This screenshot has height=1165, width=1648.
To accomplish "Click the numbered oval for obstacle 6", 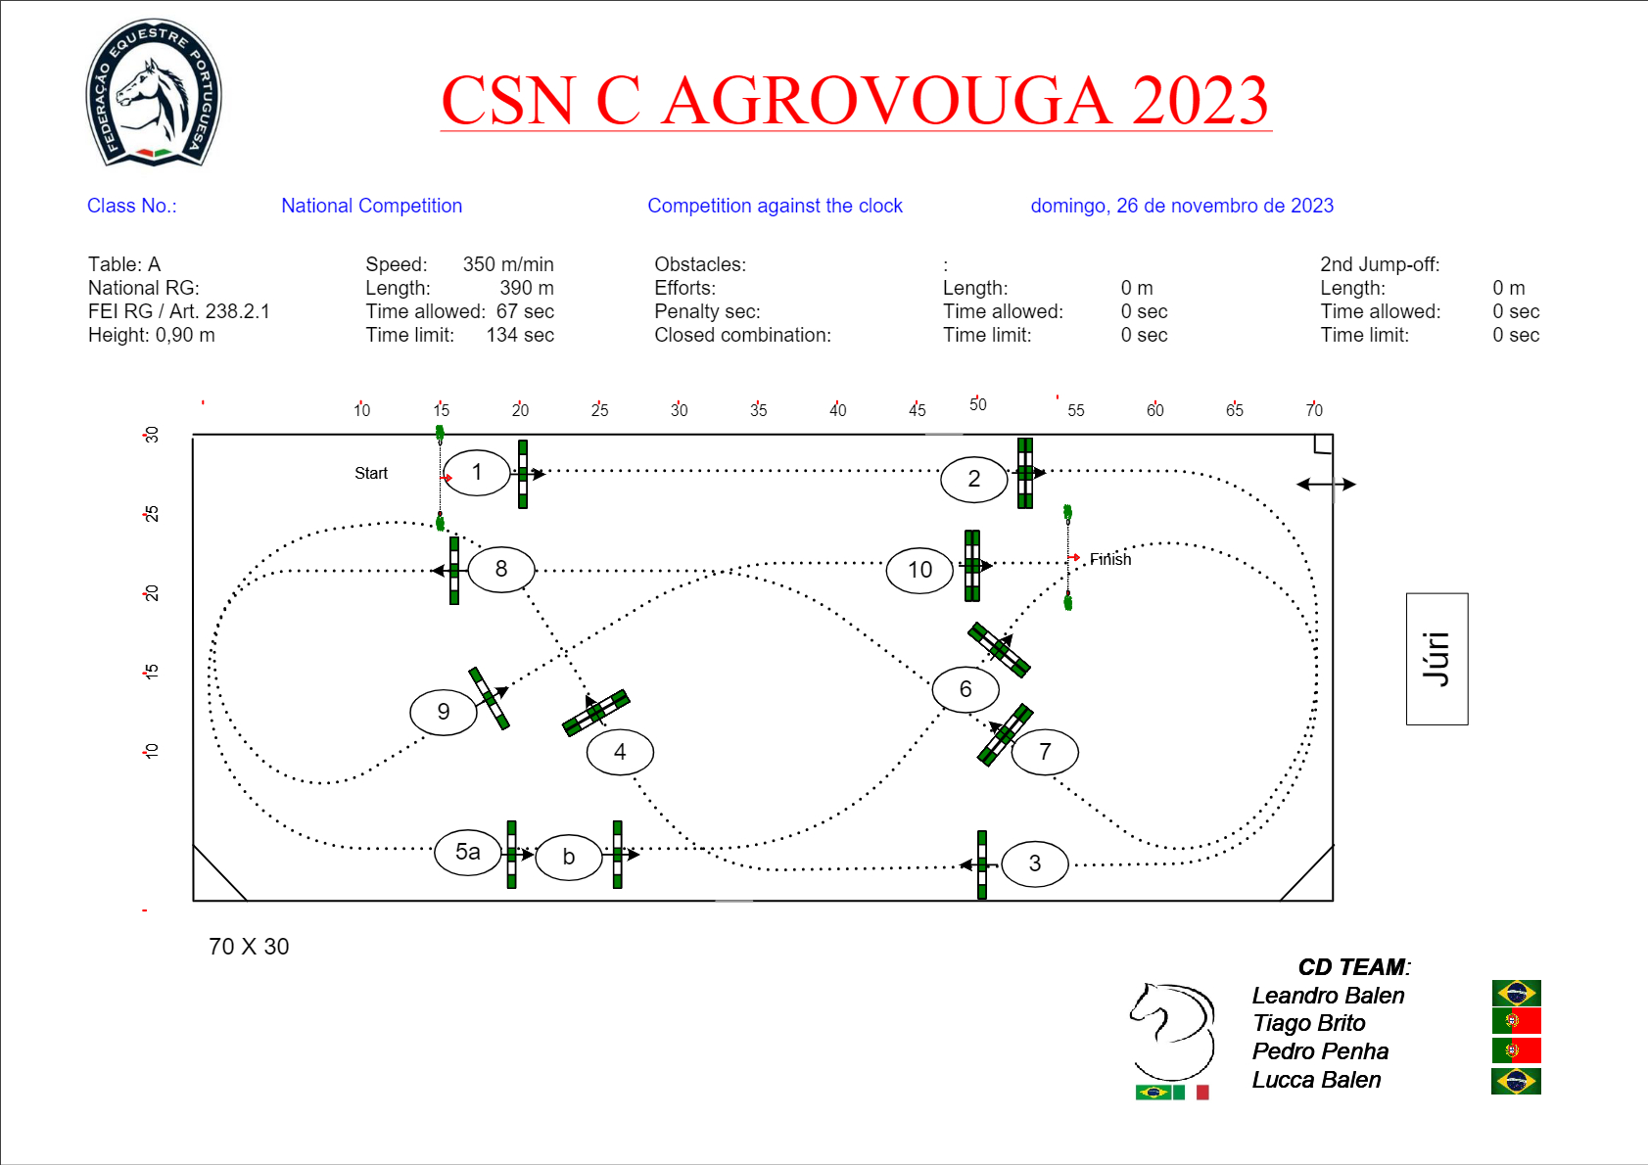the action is (x=965, y=689).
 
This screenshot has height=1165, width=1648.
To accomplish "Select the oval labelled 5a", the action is (x=468, y=852).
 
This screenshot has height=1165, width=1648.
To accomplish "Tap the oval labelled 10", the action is (x=919, y=570).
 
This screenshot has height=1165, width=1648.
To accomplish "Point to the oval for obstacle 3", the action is (x=1034, y=863).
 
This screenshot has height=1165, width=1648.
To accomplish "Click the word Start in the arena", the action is (x=371, y=473).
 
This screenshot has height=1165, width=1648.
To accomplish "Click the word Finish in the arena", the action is (x=1110, y=559).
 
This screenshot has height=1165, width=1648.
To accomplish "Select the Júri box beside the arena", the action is (x=1436, y=659).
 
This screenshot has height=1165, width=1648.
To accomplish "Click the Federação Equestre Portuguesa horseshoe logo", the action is (x=154, y=93).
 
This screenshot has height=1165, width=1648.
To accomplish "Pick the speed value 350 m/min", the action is (x=508, y=264).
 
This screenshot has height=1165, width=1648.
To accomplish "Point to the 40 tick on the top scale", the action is (x=837, y=409).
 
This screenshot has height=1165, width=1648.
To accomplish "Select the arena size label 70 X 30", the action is (x=249, y=947).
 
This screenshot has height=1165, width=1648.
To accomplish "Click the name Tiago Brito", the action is (x=1309, y=1023).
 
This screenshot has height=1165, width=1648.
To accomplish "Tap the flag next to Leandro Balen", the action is (x=1517, y=993).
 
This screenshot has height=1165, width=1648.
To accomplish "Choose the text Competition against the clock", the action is (x=775, y=206).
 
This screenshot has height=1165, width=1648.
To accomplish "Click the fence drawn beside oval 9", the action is (x=490, y=698).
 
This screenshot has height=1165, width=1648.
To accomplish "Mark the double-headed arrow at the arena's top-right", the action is (x=1326, y=484).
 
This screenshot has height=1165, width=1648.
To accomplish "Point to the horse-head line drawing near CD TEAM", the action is (x=1172, y=1031).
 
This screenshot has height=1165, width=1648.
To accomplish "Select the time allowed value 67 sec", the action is (x=525, y=311).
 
